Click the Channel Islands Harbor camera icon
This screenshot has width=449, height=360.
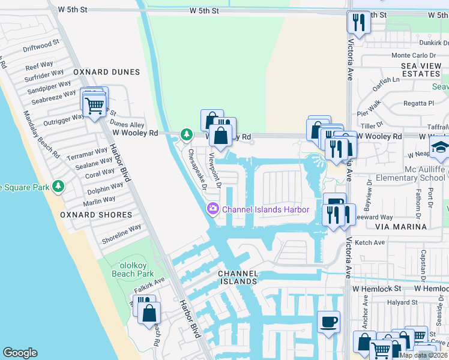(211, 209)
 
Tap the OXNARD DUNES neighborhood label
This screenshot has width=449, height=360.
(106, 72)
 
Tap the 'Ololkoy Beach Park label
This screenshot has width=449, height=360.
(133, 269)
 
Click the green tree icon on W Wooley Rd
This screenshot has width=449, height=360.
(187, 133)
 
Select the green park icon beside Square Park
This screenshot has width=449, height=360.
(58, 185)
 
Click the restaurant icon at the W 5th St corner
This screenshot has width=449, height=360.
(358, 23)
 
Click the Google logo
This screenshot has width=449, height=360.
(20, 353)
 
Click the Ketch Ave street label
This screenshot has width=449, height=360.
(370, 242)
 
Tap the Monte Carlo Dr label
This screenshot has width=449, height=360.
(412, 55)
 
